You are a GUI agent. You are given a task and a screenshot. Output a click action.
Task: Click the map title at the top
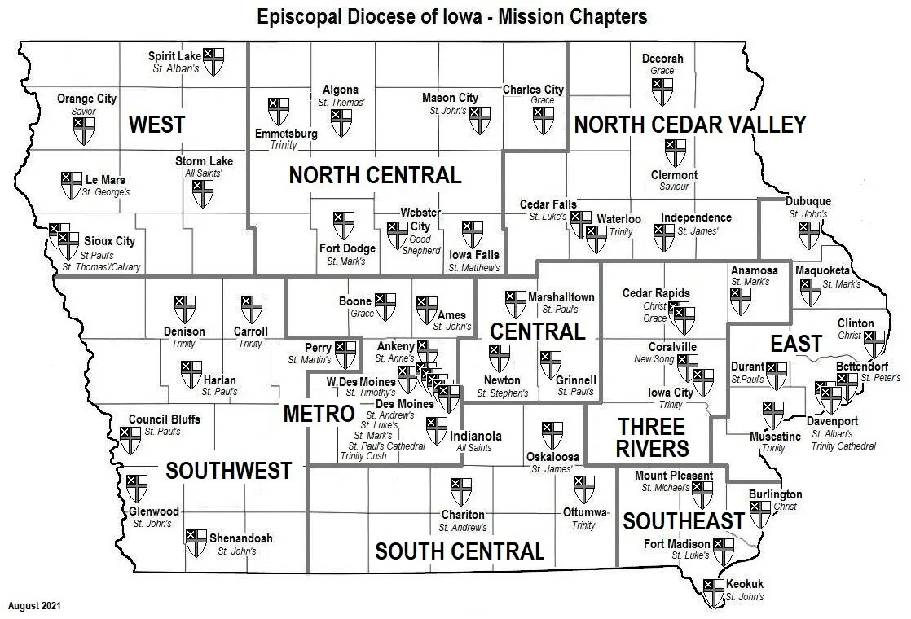[451, 16]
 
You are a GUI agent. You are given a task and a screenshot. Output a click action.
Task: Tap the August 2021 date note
[34, 606]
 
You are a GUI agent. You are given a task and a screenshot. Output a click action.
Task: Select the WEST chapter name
[156, 125]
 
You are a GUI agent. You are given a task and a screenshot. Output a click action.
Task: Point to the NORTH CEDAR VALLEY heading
[689, 125]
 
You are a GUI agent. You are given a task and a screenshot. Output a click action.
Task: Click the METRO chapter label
[317, 414]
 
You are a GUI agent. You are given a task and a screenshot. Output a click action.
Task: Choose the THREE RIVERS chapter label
[652, 437]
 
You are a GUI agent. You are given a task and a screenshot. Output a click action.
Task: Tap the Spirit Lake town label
[174, 56]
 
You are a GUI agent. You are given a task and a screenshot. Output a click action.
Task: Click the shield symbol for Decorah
[662, 91]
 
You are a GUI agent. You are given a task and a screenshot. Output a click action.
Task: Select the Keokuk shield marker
[714, 592]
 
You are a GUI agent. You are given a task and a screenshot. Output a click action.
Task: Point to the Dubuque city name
[808, 202]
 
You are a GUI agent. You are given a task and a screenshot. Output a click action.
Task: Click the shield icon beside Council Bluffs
[130, 440]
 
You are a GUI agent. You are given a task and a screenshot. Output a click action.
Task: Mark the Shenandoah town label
[240, 538]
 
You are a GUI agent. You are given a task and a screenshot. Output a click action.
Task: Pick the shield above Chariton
[461, 492]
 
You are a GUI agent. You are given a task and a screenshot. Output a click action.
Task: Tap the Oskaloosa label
[552, 456]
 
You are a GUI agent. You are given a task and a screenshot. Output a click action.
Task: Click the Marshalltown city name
[561, 297]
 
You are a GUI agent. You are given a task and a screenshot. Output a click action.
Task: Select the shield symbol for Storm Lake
[203, 193]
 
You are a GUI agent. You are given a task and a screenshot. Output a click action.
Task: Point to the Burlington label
[775, 494]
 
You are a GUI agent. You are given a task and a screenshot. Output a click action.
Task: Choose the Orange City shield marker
[84, 130]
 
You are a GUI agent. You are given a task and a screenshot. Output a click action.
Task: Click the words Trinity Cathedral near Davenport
[843, 446]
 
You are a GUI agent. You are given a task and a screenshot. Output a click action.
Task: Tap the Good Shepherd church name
[420, 245]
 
